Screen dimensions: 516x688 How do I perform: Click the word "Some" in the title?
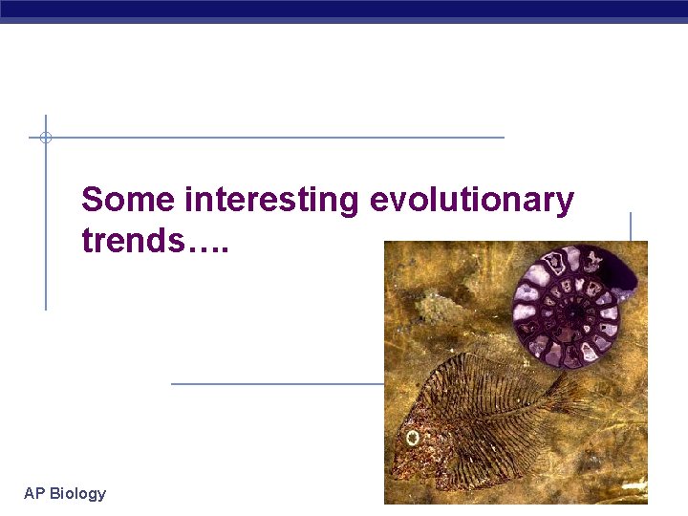coord(129,200)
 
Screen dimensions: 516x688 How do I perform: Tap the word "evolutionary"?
coord(471,200)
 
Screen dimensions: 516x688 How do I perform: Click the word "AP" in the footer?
coord(34,493)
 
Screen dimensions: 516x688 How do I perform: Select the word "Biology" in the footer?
coord(77,493)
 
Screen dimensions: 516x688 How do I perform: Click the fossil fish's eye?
coord(413,439)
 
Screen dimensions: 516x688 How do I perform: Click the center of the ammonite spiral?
coord(571,311)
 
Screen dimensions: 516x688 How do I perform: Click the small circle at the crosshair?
coord(45,138)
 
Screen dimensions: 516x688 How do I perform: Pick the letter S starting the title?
coord(92,200)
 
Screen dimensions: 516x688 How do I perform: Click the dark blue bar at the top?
coord(344,11)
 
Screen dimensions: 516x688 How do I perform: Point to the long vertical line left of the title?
coord(45,229)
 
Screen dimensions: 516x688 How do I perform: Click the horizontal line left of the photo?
coord(277,384)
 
